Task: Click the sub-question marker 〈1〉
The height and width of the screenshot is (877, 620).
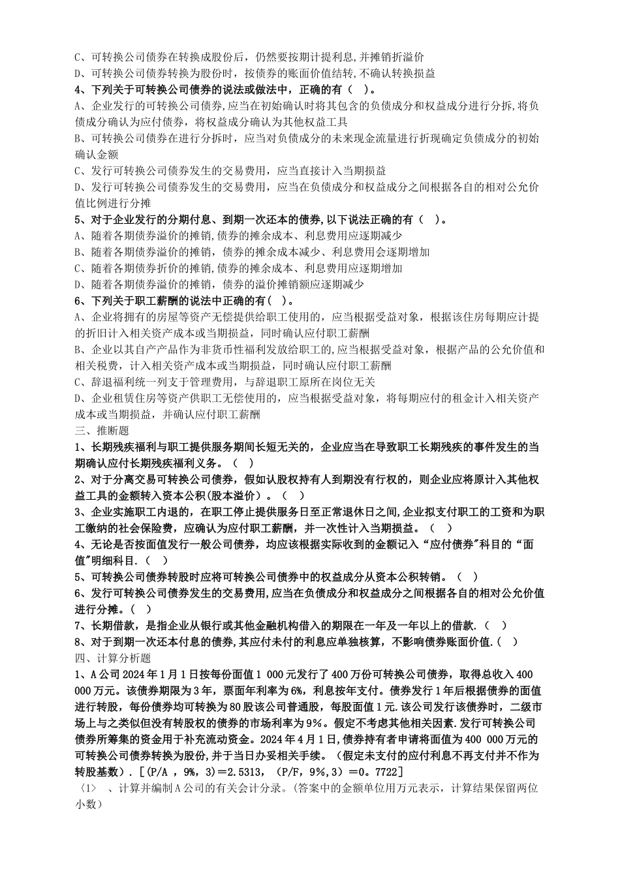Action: (86, 788)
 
